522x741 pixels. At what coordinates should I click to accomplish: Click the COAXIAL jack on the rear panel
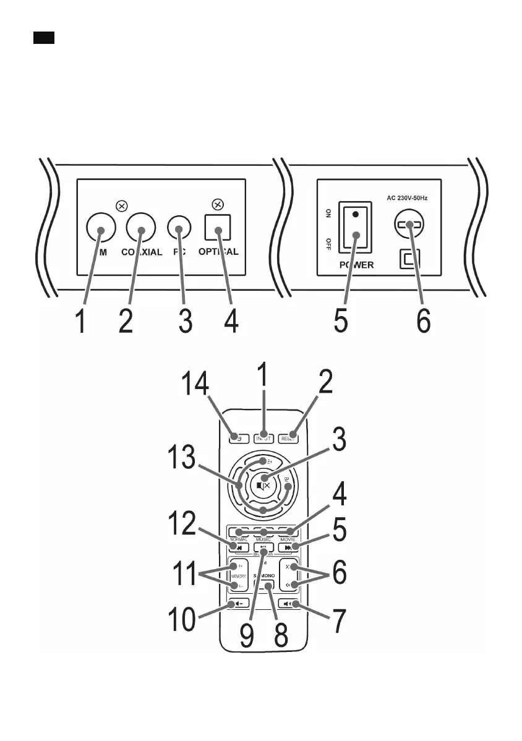click(142, 229)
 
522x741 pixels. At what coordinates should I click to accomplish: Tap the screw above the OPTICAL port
click(217, 204)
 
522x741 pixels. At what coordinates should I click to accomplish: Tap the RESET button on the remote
click(288, 439)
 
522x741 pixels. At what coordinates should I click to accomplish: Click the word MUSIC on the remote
click(263, 539)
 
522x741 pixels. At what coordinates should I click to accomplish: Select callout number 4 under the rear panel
click(231, 322)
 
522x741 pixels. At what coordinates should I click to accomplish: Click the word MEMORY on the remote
click(239, 576)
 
